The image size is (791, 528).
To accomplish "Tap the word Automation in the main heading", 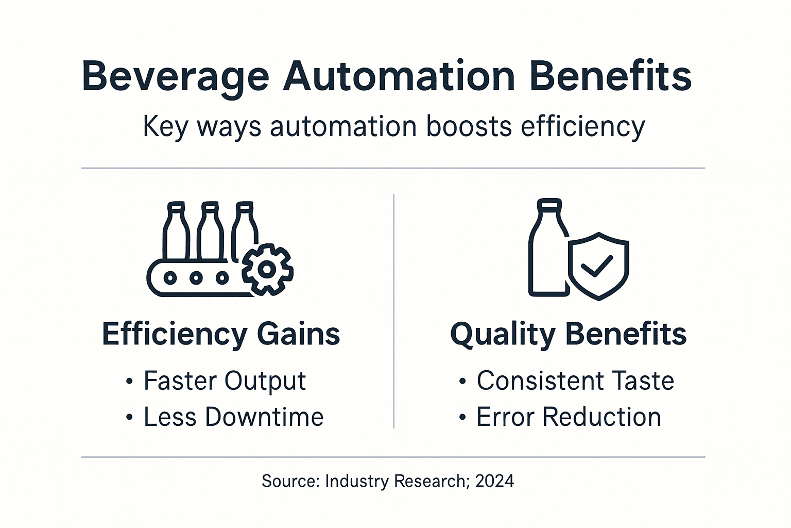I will pyautogui.click(x=399, y=76).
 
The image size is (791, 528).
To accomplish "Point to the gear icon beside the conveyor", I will pyautogui.click(x=267, y=269).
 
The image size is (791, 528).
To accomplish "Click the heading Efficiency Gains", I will pyautogui.click(x=221, y=334).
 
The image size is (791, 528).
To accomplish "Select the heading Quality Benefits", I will pyautogui.click(x=568, y=334).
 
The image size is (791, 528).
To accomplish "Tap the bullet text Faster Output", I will pyautogui.click(x=225, y=381).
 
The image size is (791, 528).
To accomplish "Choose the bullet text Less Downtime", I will pyautogui.click(x=233, y=417).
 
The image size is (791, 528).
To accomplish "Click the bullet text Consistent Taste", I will pyautogui.click(x=575, y=381).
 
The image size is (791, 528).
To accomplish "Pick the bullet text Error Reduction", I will pyautogui.click(x=569, y=417).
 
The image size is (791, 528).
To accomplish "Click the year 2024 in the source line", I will pyautogui.click(x=494, y=481).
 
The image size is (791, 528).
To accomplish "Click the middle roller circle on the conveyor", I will pyautogui.click(x=196, y=277).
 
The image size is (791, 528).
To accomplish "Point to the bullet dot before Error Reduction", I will pyautogui.click(x=462, y=418).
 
